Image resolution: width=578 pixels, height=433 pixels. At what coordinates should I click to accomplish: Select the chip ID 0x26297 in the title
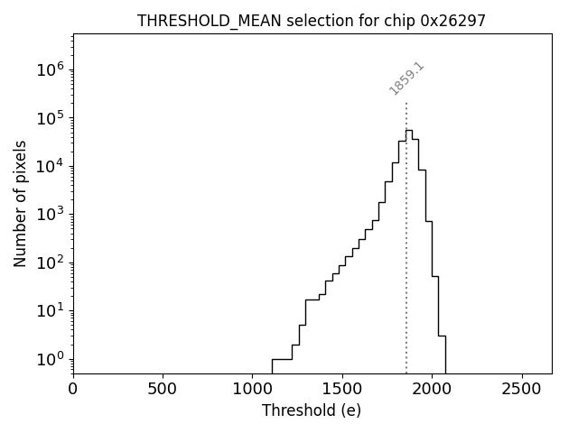pos(453,21)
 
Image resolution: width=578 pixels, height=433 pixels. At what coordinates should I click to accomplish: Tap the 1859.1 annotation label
pos(406,78)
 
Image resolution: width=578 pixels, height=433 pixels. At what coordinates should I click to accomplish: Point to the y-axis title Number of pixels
pos(20,203)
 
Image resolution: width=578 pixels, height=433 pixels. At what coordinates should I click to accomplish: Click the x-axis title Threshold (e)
pos(312,410)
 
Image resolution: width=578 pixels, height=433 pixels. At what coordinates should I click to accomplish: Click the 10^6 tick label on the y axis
pos(51,69)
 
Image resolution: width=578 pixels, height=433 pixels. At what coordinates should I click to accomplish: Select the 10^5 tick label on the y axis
pos(51,117)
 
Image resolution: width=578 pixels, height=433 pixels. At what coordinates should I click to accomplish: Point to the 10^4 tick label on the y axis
pos(51,166)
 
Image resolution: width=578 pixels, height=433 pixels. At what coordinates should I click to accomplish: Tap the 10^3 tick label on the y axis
pos(51,214)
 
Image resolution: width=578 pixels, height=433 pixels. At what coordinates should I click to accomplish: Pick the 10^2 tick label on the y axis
pos(51,263)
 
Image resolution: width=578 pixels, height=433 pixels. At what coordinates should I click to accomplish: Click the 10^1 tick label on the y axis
pos(51,310)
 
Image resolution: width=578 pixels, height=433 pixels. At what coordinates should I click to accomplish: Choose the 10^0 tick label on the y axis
pos(51,359)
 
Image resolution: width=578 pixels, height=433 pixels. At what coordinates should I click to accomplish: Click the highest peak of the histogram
pos(409,130)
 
